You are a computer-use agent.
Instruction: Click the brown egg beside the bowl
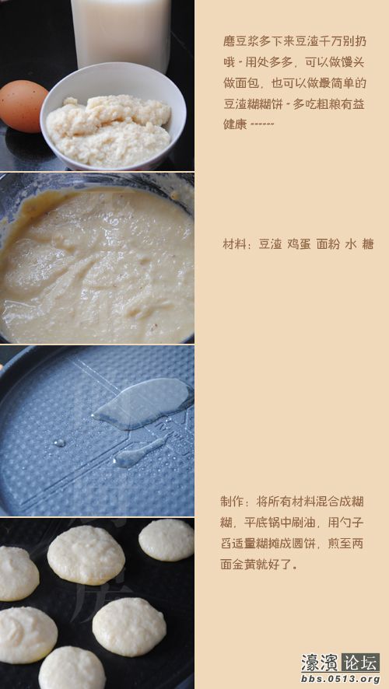(23, 107)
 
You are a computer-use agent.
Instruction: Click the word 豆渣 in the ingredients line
(270, 244)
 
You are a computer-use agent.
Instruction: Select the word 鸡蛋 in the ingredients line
(300, 244)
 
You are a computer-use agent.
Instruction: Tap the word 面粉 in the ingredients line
(328, 244)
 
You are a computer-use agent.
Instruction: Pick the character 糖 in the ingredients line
(368, 244)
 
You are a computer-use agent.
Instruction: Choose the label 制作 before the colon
(233, 501)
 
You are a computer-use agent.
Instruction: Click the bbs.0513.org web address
(339, 679)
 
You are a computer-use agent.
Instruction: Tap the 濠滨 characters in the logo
(320, 663)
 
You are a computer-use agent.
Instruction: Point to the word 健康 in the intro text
(236, 124)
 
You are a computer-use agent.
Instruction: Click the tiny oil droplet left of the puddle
(59, 442)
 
